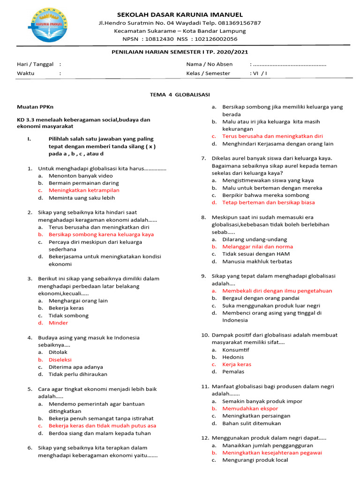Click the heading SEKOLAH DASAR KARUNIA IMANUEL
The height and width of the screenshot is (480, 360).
pos(180,15)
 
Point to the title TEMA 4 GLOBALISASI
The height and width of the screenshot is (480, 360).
pos(180,94)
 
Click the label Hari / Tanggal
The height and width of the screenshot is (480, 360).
pos(35,64)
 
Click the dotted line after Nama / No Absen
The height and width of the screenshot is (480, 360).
pos(289,64)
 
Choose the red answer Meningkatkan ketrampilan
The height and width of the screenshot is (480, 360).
pos(84,190)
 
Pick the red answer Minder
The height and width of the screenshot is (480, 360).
pos(58,323)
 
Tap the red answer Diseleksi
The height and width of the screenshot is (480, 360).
pos(61,360)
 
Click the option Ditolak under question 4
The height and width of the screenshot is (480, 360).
pos(58,352)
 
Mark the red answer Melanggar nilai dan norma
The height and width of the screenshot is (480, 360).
pos(257,247)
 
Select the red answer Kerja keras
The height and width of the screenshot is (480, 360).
pos(237,364)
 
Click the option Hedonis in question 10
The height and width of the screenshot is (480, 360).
pos(233,357)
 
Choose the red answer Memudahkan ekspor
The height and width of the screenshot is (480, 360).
pos(244,409)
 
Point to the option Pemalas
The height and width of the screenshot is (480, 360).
pos(233,372)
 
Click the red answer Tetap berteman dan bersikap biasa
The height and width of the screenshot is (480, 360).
pos(269,202)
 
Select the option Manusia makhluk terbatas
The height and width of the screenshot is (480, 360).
pos(257,261)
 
